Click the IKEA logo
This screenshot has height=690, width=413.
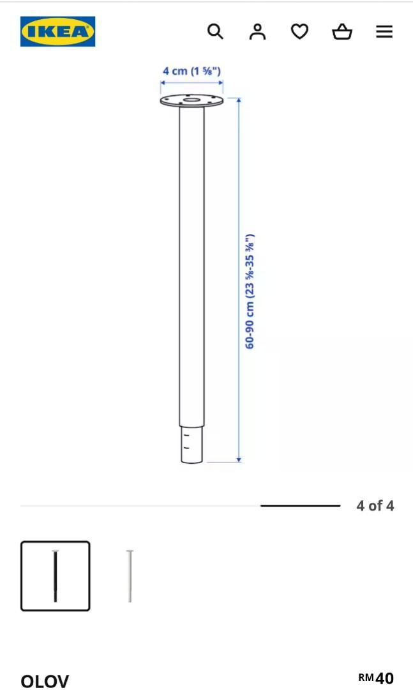click(57, 31)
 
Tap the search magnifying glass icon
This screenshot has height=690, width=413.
click(216, 31)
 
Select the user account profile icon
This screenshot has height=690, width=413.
click(257, 31)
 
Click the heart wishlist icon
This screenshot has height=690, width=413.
click(299, 31)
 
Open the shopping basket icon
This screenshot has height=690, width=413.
click(342, 31)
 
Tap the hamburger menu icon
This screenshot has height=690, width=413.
click(384, 31)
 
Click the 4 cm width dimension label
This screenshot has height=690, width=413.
click(191, 71)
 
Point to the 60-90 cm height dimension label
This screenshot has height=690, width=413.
click(250, 291)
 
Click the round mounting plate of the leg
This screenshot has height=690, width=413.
click(191, 101)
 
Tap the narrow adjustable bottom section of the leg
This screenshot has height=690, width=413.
click(191, 444)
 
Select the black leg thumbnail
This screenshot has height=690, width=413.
click(56, 576)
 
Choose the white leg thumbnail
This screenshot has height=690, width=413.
click(130, 576)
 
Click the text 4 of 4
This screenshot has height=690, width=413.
click(375, 506)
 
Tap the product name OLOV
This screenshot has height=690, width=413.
click(45, 681)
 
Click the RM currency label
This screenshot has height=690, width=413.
click(366, 677)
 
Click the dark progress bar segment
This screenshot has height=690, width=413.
click(300, 505)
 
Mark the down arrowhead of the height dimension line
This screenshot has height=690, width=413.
click(239, 458)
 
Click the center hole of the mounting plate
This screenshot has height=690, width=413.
click(191, 99)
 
